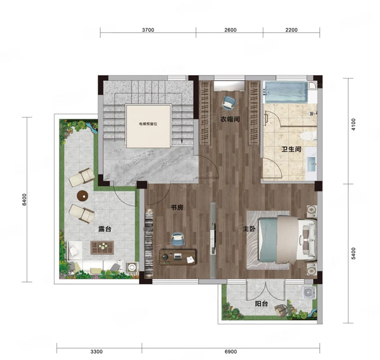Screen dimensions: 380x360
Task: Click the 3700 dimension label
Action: point(148,30)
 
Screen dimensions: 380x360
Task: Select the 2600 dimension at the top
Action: point(230,30)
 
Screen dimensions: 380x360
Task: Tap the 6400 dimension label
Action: point(24,200)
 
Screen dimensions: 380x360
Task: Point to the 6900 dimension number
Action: point(231,352)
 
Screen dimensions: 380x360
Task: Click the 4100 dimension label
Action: point(353,124)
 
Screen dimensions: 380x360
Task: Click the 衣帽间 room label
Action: point(230,119)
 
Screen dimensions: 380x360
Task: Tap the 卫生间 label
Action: point(291,149)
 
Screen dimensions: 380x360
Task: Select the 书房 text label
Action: point(177,208)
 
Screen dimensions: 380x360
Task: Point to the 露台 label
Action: point(104,229)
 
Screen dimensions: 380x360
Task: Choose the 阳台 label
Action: point(261,303)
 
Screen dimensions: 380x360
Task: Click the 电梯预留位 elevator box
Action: point(148,125)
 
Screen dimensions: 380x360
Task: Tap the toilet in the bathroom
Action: point(308,136)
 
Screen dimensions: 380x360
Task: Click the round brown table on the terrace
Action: point(83,196)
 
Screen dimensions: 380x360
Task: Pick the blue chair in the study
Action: point(177,238)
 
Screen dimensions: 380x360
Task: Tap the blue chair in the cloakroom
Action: point(229,102)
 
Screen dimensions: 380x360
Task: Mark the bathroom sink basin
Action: point(312,164)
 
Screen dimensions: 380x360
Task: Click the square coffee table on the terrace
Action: point(102,247)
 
